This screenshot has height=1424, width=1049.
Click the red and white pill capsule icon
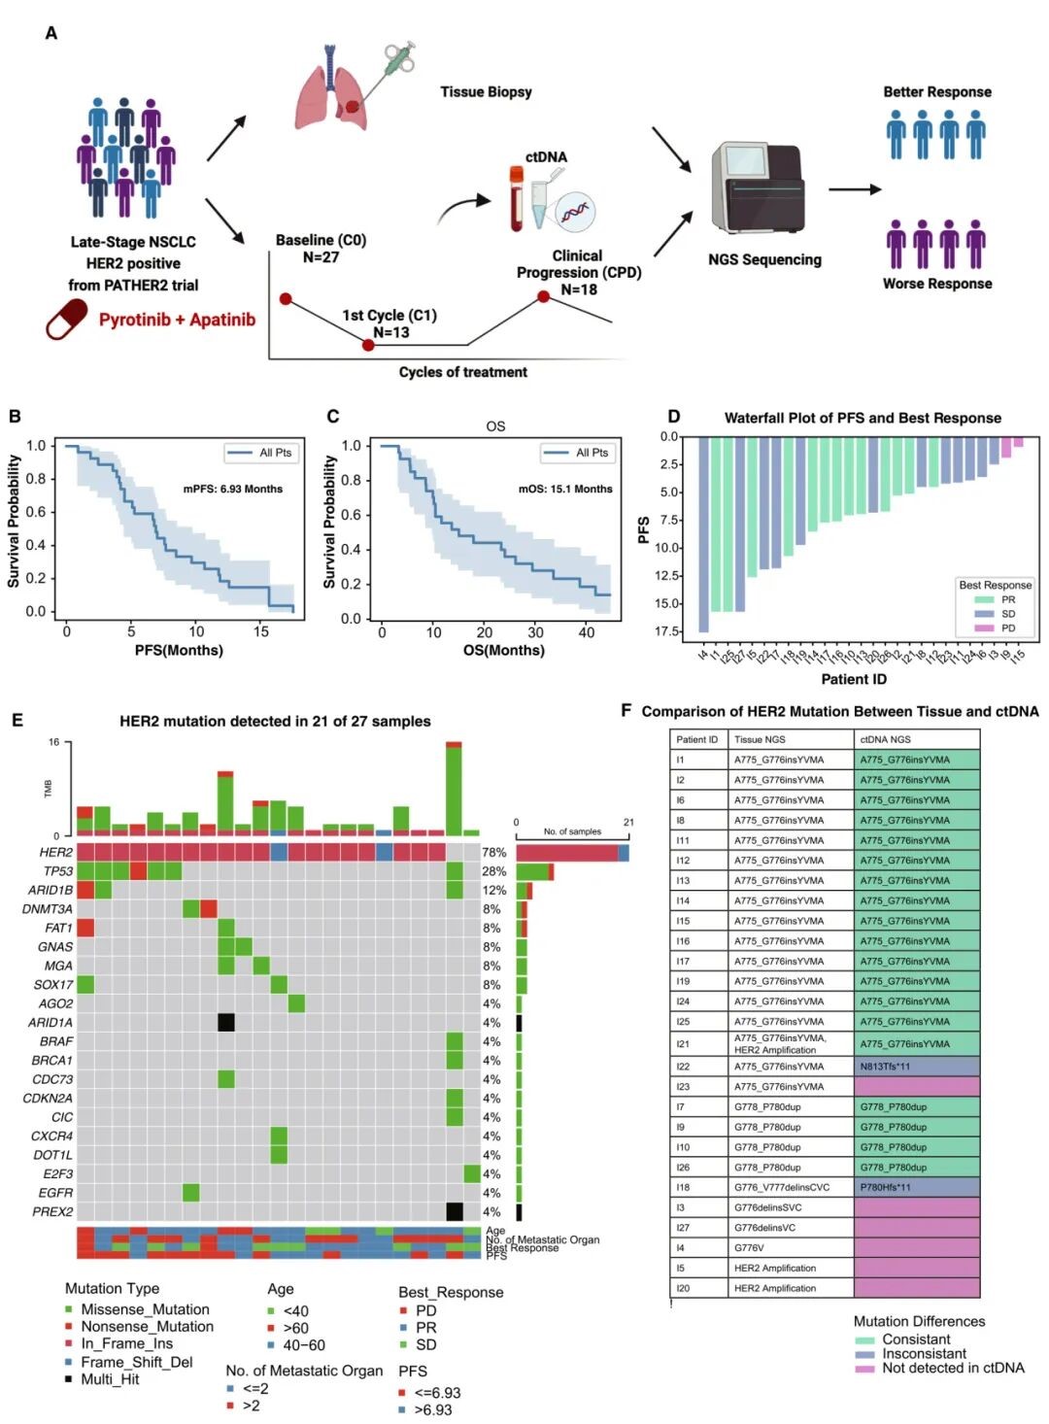[66, 320]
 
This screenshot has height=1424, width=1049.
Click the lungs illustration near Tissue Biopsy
[332, 92]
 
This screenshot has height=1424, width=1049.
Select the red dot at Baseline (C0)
[286, 299]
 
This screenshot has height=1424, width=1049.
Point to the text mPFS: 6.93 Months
[233, 489]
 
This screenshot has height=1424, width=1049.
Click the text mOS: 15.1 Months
[565, 489]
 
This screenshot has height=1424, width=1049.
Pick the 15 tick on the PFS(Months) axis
[261, 631]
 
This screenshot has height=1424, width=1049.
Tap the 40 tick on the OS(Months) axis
[587, 632]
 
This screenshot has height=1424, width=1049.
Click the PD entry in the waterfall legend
[1007, 628]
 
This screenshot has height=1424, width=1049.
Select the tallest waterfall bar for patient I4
[703, 534]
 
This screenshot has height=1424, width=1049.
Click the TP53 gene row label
[57, 871]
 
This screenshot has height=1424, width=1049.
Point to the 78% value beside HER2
[493, 853]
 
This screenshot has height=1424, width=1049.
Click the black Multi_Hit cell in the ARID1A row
[226, 1022]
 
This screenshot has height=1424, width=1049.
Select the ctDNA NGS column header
[886, 739]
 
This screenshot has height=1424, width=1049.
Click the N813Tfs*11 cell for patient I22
[916, 1067]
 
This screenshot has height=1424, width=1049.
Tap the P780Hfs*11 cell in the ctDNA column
[916, 1187]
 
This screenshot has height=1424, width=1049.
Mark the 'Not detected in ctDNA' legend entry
[952, 1368]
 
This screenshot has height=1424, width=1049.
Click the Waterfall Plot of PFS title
[863, 418]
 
